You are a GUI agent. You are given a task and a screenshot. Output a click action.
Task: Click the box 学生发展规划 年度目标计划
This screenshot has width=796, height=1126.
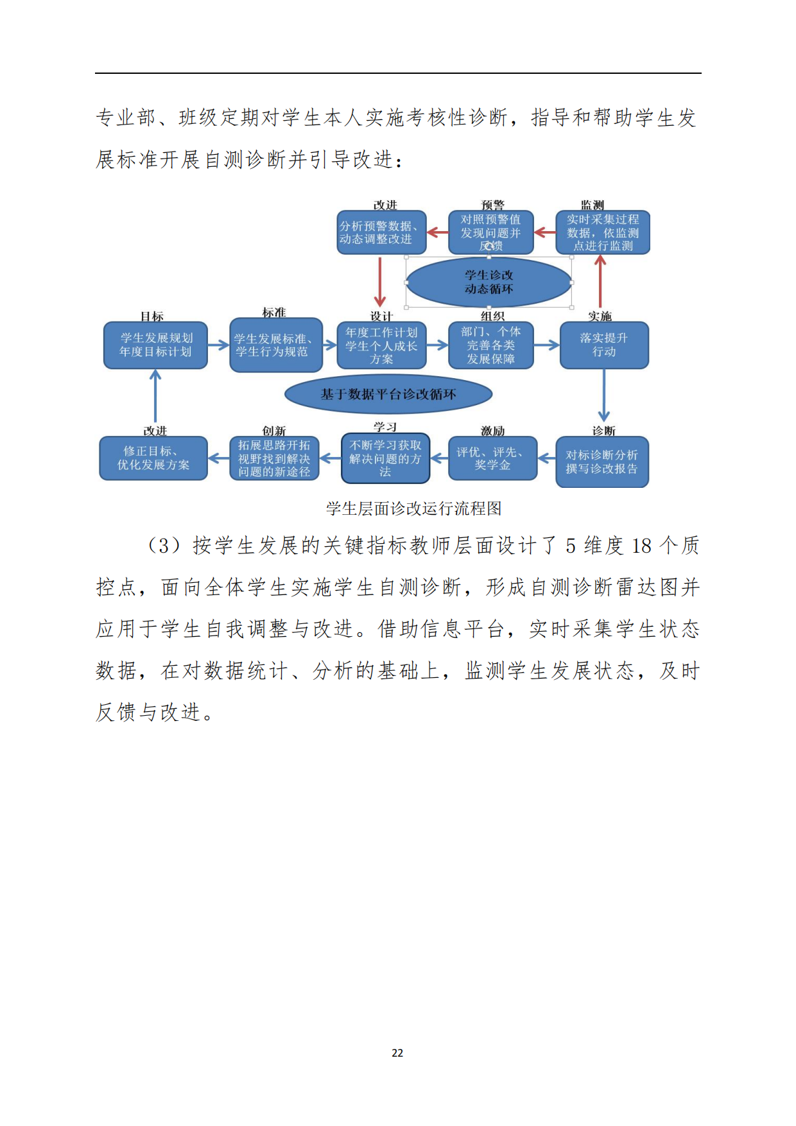[155, 345]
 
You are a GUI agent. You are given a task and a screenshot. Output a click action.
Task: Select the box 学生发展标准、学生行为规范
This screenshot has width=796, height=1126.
[276, 345]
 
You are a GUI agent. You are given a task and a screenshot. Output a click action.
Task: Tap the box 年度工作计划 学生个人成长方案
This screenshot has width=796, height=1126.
[382, 345]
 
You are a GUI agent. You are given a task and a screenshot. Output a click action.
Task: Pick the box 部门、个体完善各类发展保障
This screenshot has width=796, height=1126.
[491, 345]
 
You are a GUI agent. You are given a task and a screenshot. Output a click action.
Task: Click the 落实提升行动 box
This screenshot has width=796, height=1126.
[604, 345]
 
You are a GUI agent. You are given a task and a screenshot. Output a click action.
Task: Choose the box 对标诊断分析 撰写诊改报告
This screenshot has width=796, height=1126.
[602, 462]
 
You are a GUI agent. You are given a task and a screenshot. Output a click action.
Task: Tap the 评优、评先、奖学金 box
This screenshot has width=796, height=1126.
[492, 458]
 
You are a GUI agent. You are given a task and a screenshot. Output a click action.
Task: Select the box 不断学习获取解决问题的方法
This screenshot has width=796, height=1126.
[385, 458]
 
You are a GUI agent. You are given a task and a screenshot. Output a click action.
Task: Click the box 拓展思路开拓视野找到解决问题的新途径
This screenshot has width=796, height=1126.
[274, 458]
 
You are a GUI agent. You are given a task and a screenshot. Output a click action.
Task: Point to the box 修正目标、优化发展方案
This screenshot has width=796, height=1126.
[153, 458]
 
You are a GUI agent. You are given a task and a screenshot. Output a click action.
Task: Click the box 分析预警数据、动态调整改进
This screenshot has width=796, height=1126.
[382, 232]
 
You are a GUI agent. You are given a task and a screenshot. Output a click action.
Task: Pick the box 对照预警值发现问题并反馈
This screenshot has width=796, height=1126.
[491, 232]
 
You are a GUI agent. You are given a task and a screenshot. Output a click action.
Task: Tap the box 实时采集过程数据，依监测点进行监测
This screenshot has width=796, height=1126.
[603, 232]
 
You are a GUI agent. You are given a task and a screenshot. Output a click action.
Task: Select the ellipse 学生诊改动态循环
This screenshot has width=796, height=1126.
[489, 282]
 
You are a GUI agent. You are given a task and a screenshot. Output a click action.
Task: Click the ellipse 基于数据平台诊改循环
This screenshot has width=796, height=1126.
[388, 394]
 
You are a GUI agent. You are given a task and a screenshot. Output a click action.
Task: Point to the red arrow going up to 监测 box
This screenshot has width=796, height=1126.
[600, 281]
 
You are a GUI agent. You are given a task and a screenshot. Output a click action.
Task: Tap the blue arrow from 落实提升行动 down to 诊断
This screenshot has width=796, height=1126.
[604, 395]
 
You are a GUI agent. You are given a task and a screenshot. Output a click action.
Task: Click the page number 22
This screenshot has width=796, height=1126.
[397, 1053]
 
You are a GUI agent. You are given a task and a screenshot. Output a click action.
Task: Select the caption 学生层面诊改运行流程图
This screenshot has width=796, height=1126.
[414, 508]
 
